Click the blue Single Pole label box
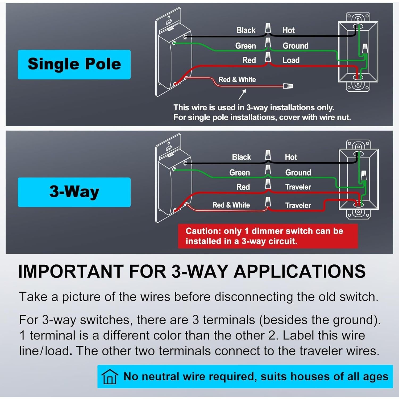tap(74, 64)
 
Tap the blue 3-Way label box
tap(74, 192)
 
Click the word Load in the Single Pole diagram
tap(291, 60)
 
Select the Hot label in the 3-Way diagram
tap(291, 157)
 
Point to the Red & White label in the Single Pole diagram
tap(237, 80)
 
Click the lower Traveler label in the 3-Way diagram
tap(298, 205)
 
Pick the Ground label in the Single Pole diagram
tap(296, 46)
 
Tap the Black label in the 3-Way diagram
tap(241, 157)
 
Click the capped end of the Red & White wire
tap(288, 86)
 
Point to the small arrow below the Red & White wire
tap(242, 94)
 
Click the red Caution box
tap(268, 236)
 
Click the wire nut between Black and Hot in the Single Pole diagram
tap(268, 28)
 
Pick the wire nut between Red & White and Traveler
tap(268, 202)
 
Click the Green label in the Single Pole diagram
tap(245, 46)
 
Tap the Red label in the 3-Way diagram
tap(243, 187)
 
